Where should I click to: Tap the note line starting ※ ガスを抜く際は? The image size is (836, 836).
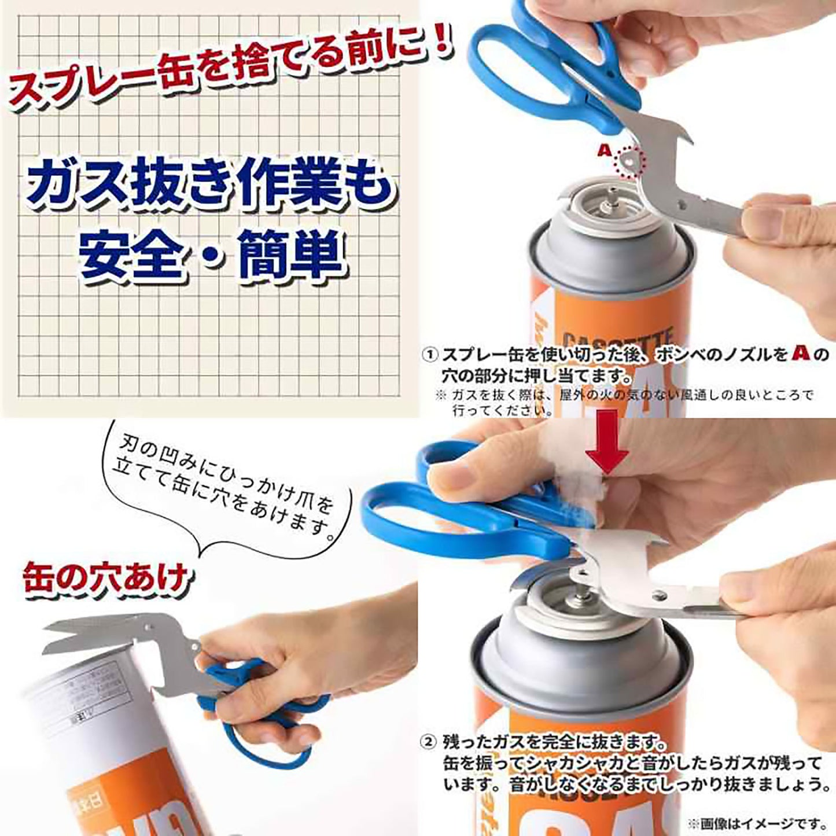(x=625, y=396)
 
